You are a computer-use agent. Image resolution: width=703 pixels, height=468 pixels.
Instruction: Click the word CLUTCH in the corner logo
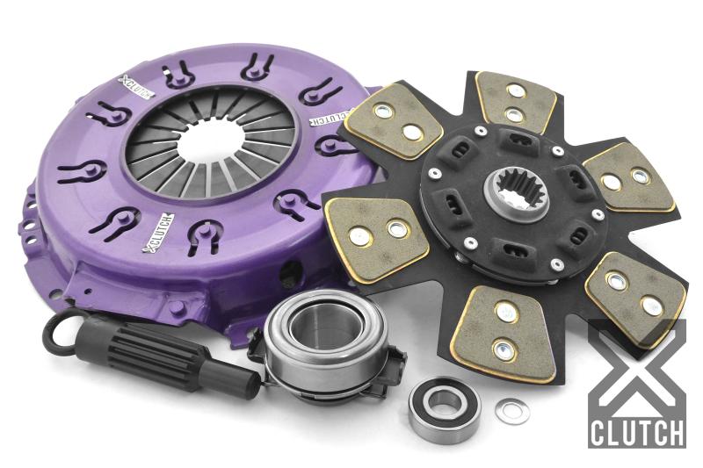click(x=637, y=433)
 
